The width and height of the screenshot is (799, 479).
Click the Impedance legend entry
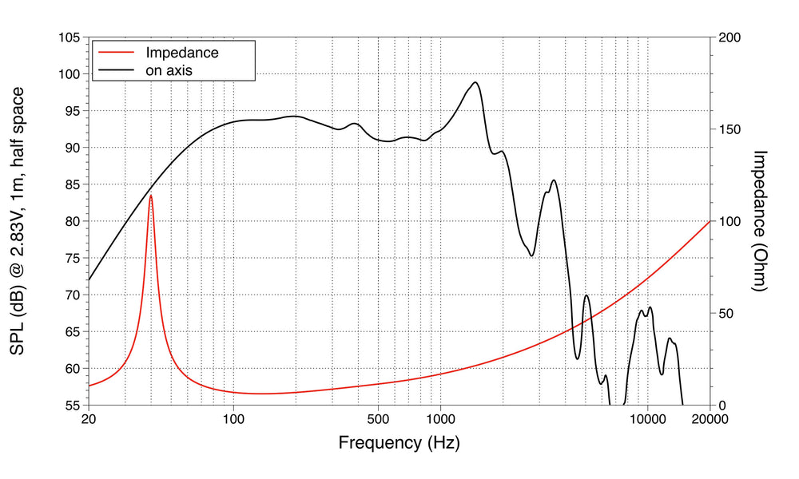click(181, 53)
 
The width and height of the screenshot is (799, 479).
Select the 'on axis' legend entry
click(169, 70)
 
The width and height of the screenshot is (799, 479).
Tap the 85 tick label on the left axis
click(71, 184)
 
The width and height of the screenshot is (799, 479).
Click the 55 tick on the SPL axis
click(71, 406)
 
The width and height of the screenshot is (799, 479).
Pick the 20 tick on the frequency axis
click(89, 418)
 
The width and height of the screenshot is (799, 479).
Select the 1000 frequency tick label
click(440, 418)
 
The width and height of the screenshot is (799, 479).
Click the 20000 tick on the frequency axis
click(710, 418)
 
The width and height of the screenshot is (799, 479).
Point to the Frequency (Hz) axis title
click(399, 442)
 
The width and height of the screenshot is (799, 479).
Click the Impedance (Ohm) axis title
click(760, 221)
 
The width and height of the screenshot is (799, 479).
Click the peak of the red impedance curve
click(150, 195)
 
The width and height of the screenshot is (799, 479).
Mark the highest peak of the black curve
click(475, 82)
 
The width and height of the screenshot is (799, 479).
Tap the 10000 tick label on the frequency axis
click(647, 418)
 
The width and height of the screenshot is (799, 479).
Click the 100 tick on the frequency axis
click(233, 418)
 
